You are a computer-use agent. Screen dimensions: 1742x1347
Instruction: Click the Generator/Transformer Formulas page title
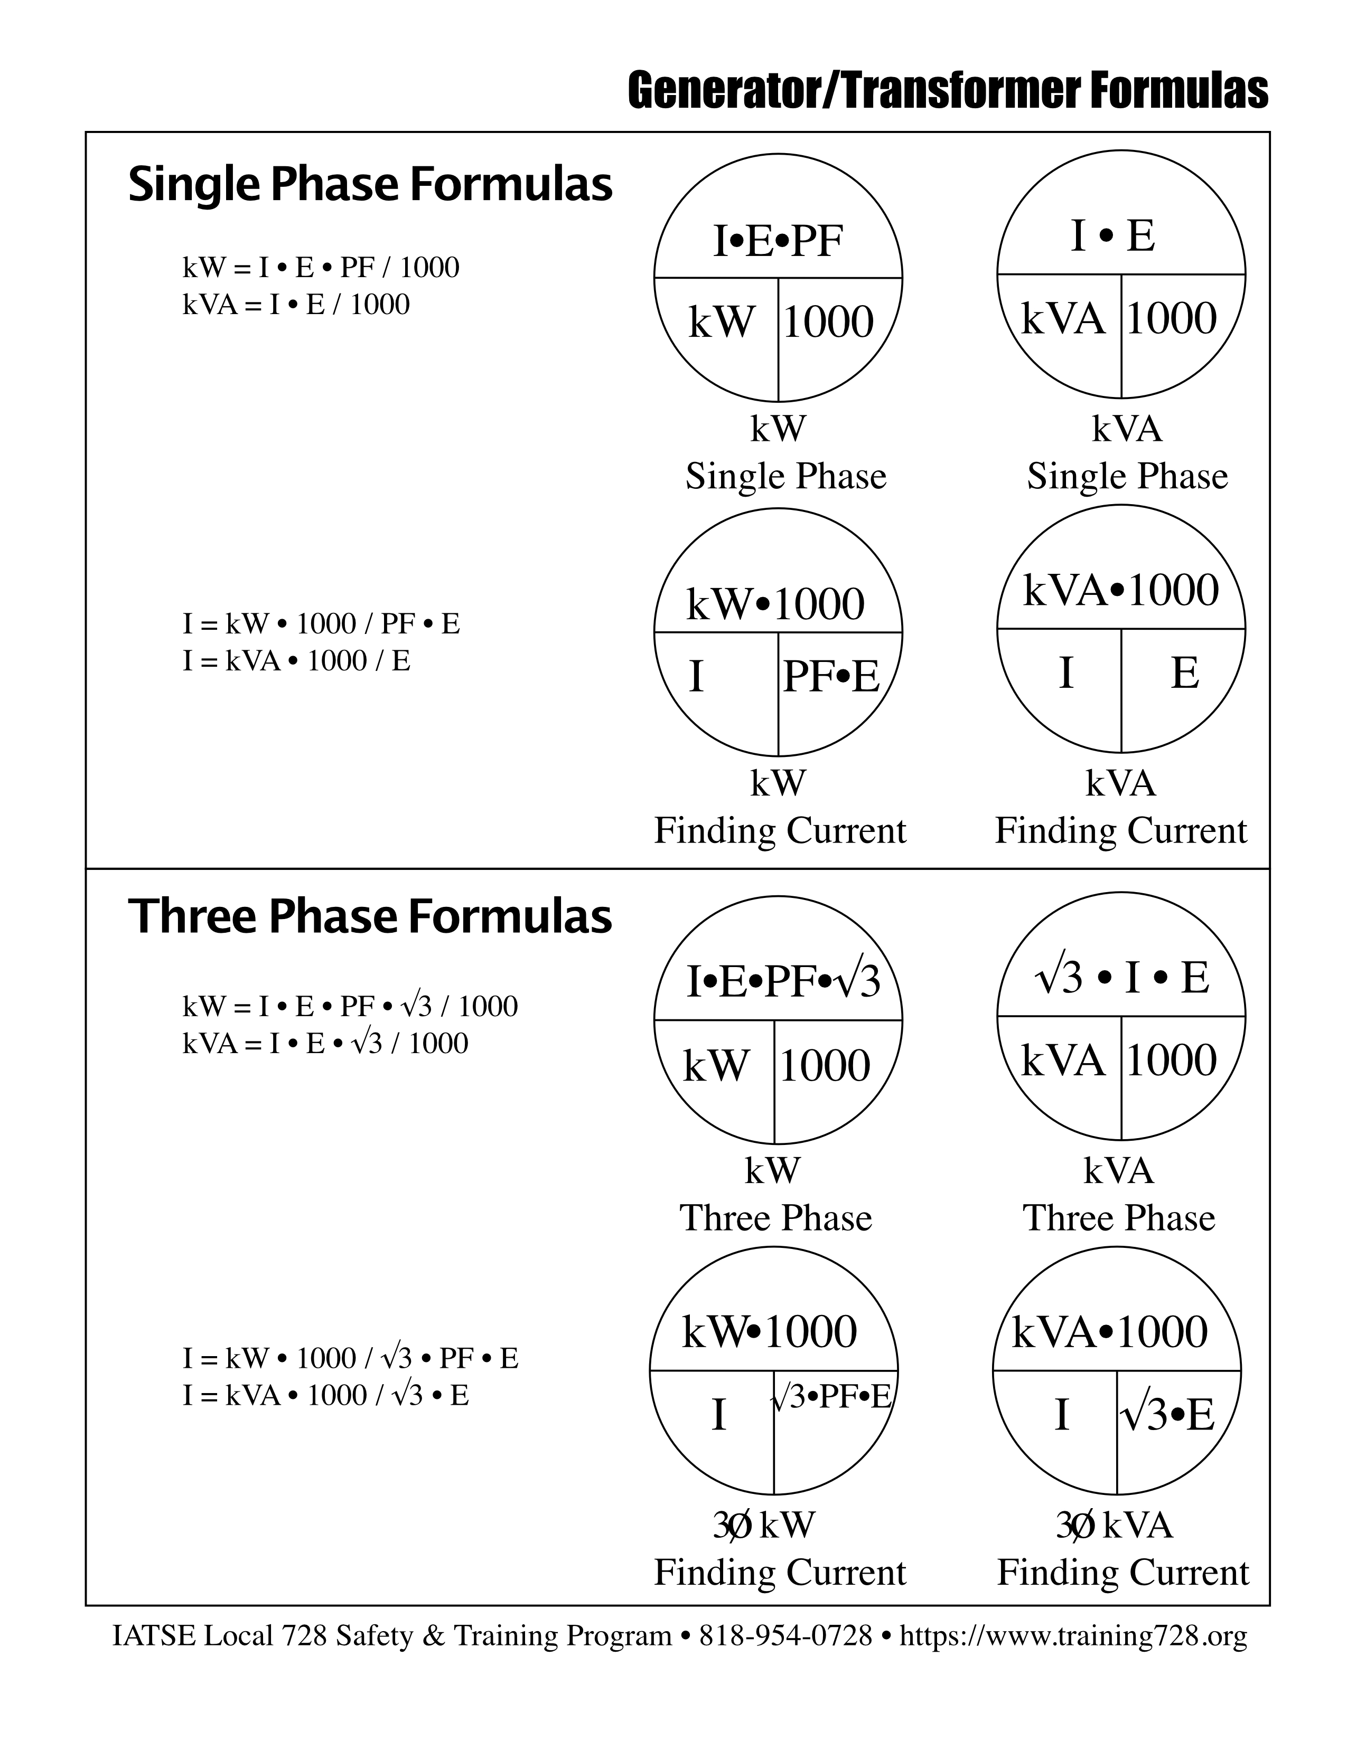coord(947,91)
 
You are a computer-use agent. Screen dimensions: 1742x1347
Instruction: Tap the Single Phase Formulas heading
coord(370,184)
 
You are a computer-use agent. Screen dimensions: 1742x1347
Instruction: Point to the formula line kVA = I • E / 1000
coord(296,305)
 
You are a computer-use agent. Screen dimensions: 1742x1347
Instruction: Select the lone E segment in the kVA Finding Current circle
coord(1184,673)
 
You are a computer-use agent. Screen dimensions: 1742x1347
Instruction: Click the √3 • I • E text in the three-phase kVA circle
coord(1121,977)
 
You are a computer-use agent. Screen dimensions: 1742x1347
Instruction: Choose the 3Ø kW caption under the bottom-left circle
coord(764,1526)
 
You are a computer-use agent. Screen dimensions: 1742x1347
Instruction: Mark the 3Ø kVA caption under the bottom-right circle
coord(1114,1526)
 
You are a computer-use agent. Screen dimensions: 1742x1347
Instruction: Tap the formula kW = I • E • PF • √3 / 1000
coord(350,1007)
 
